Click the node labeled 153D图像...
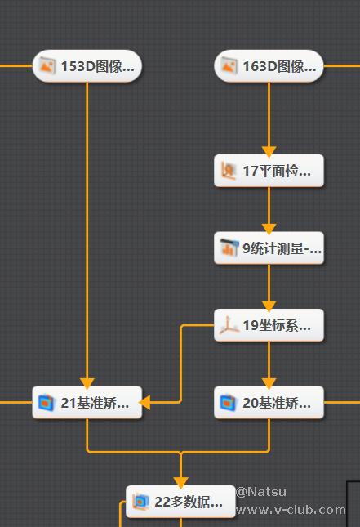point(87,66)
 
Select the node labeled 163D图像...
point(269,66)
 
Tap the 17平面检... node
point(269,171)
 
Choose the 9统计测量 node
point(269,248)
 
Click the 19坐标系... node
point(269,325)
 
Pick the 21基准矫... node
point(87,402)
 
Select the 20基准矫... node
point(269,402)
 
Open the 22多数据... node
point(180,502)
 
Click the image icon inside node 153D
point(47,65)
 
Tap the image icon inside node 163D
point(229,65)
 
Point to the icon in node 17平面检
point(229,171)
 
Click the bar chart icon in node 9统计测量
point(229,248)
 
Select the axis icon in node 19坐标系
point(229,325)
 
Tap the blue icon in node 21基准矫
point(47,402)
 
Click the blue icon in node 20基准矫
point(228,402)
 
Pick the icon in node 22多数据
point(141,502)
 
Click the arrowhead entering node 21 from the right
point(144,402)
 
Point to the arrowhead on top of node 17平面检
point(269,152)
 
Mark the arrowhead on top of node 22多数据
point(180,483)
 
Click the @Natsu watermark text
point(261,492)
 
